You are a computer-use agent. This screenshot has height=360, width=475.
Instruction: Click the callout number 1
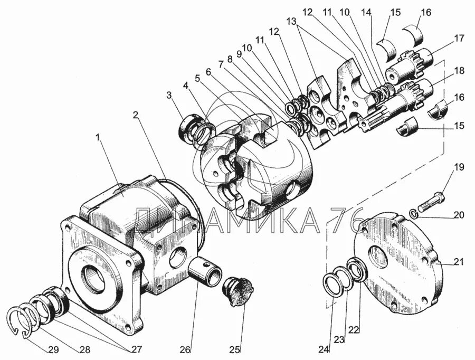[98, 138]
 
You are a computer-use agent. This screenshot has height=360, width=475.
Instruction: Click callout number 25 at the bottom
[234, 349]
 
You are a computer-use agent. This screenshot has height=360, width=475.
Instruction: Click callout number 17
[459, 38]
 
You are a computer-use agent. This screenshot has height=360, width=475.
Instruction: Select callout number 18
[459, 71]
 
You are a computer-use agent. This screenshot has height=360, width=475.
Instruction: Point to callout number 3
[169, 96]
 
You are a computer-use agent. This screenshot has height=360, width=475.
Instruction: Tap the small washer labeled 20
[415, 213]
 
